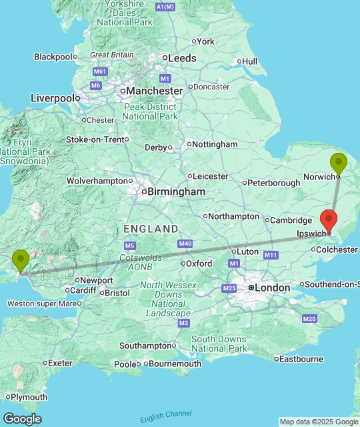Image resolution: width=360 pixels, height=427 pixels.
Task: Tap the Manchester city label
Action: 155,90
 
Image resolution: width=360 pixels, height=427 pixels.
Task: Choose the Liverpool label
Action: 52,98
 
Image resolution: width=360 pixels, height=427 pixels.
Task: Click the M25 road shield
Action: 229,288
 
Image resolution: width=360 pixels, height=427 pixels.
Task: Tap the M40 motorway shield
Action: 185,244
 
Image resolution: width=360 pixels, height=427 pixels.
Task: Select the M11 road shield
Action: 270,255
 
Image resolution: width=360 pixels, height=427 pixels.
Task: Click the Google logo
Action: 21,419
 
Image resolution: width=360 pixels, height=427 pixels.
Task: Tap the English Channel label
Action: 166,416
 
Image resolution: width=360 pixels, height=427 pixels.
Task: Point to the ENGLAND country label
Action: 151,229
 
